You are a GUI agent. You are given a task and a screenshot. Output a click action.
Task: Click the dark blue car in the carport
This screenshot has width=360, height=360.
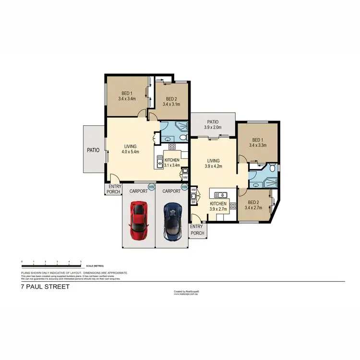click(x=172, y=221)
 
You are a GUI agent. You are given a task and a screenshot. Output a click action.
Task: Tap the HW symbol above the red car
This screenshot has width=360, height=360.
click(x=152, y=187)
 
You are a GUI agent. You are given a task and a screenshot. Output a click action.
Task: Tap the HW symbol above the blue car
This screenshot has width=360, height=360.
click(x=184, y=187)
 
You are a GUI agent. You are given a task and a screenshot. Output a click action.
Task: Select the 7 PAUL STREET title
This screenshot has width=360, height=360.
click(x=46, y=287)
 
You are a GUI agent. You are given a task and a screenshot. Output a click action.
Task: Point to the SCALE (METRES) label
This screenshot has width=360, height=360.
click(x=95, y=265)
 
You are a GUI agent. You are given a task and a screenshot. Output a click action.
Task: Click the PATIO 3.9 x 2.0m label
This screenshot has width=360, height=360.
click(x=213, y=125)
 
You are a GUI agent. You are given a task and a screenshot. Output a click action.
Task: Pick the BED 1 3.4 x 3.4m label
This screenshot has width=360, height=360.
click(x=127, y=96)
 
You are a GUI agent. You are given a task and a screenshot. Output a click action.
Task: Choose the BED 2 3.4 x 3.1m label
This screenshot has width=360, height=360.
click(x=171, y=101)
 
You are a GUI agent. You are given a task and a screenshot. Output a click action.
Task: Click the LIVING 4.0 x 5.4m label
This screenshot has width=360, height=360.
click(x=131, y=149)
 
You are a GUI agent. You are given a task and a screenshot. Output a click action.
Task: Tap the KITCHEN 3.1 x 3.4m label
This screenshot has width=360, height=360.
click(x=172, y=162)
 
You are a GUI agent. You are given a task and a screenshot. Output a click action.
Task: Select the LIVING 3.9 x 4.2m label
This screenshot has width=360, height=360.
click(x=213, y=164)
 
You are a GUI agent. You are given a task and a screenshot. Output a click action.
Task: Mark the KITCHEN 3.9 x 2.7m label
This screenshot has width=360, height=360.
click(x=218, y=206)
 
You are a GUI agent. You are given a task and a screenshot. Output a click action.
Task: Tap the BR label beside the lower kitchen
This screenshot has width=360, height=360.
click(x=193, y=202)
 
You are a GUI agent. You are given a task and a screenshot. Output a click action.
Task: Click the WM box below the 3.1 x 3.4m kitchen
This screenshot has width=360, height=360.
click(x=185, y=178)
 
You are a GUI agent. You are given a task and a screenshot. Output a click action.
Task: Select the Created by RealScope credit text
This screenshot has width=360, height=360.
click(x=186, y=291)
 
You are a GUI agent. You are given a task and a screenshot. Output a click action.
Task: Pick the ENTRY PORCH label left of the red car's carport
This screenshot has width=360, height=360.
click(x=113, y=190)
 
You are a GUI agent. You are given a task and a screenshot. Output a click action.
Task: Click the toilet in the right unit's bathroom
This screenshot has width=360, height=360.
click(x=272, y=168)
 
